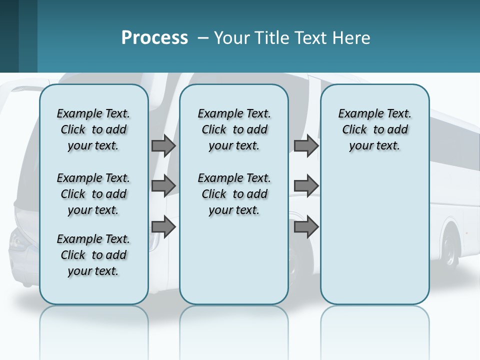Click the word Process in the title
(x=154, y=37)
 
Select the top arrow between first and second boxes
(x=163, y=146)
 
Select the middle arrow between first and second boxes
(x=163, y=186)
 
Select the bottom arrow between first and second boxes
(x=163, y=226)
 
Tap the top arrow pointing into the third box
(x=306, y=146)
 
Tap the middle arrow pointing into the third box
(x=306, y=186)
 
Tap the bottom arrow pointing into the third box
(x=306, y=226)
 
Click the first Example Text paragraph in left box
(x=93, y=129)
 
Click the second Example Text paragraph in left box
(x=93, y=194)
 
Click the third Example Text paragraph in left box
(x=93, y=255)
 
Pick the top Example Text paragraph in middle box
(x=234, y=129)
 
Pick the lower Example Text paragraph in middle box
(x=234, y=194)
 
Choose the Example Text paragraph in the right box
(x=375, y=129)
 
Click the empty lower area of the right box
(x=375, y=240)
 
